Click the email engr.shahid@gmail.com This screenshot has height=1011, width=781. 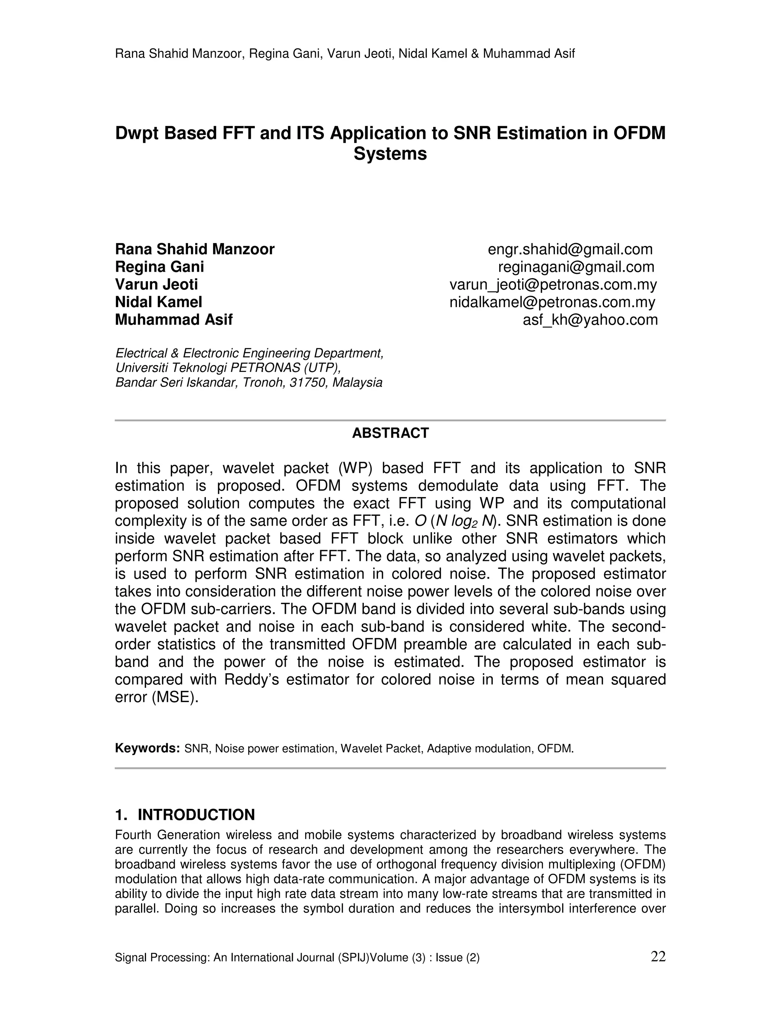pos(570,250)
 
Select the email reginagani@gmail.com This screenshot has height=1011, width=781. pos(576,267)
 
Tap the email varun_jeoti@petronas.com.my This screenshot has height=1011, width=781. pos(553,285)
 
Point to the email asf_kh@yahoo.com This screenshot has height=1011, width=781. pos(590,320)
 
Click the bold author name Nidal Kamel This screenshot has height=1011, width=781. pos(158,302)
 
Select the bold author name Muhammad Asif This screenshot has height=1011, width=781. pos(174,320)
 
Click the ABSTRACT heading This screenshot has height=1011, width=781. pos(390,433)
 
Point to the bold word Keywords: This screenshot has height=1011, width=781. pos(147,749)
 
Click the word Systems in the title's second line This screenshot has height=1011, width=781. pos(390,154)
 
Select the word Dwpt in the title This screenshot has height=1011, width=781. pos(136,133)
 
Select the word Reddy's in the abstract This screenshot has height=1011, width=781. pos(251,679)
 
